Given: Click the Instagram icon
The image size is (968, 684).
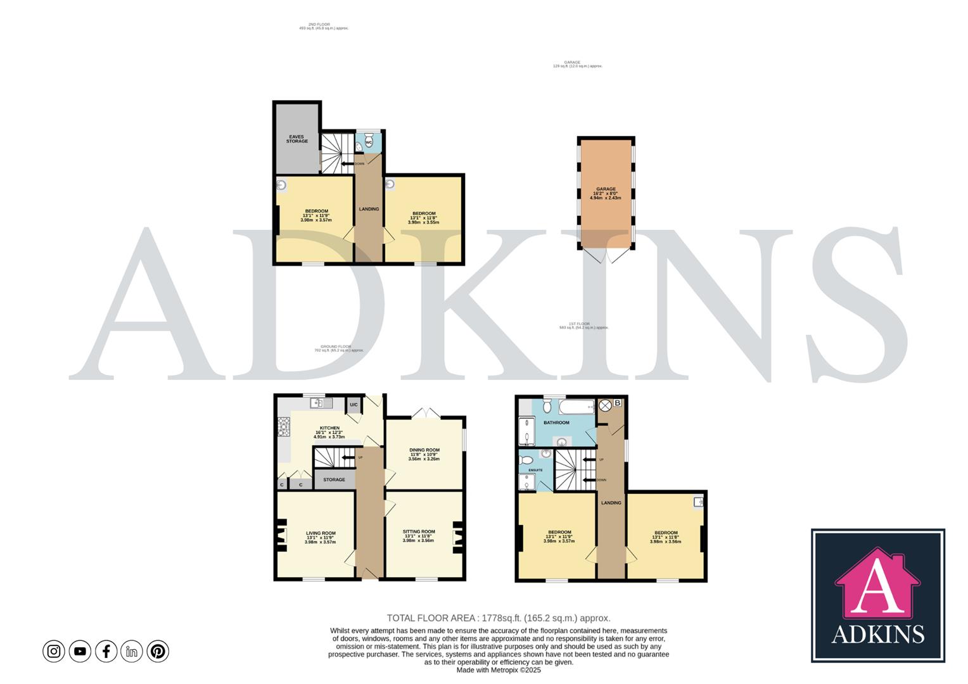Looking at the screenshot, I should (54, 651).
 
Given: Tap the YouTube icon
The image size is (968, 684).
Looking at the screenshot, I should (80, 651).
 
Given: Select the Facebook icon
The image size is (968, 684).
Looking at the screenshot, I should (106, 651).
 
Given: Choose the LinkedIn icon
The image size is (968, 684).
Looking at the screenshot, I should (132, 651).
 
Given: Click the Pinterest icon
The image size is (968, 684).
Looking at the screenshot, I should (158, 651).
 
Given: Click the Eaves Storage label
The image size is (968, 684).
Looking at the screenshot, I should (296, 139).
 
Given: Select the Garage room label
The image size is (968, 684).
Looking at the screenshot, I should (605, 189).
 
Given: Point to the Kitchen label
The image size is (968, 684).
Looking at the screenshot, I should (329, 428).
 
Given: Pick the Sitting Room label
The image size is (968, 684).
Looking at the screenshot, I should (419, 532).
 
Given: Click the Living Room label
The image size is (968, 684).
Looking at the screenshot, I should (321, 533).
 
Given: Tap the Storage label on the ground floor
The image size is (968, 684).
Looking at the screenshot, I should (334, 479).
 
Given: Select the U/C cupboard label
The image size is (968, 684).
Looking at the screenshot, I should (353, 405).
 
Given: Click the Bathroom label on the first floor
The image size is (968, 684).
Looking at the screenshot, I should (556, 422).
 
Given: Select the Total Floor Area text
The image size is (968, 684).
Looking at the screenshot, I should (498, 618).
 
